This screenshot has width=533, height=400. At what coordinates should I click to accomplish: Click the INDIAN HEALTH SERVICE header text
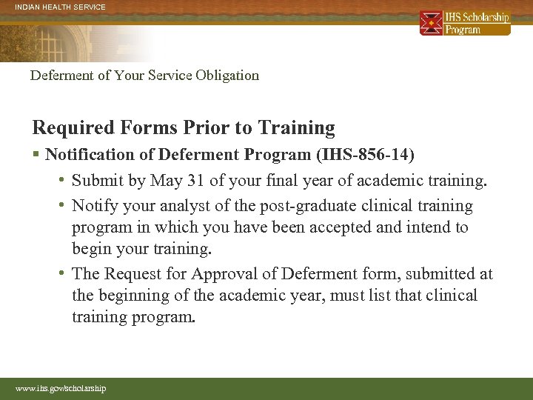click(60, 7)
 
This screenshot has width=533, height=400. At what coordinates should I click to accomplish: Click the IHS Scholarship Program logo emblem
click(431, 23)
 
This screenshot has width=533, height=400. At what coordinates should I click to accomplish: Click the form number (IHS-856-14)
click(366, 155)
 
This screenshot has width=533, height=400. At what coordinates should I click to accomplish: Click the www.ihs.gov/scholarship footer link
click(61, 388)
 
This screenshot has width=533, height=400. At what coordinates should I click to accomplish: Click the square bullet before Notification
click(36, 155)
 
